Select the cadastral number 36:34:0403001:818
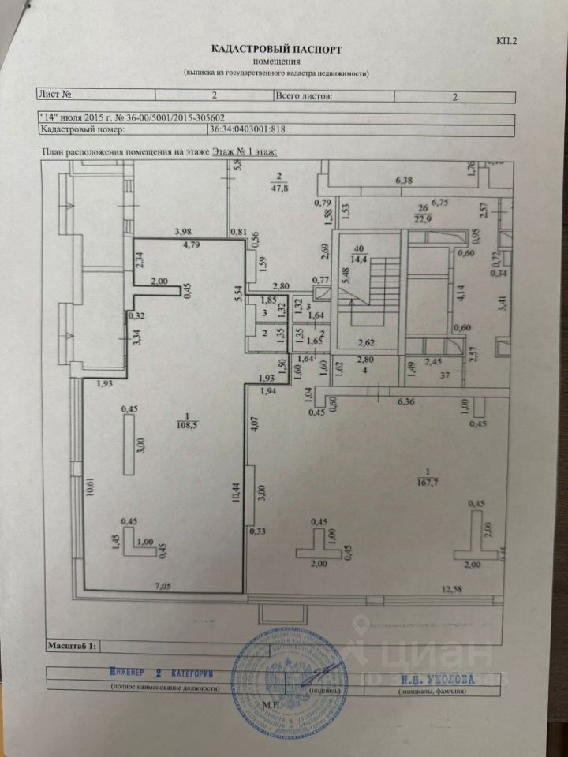point(247,132)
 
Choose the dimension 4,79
point(192,244)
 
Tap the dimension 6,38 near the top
point(403,181)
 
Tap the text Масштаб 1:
point(72,646)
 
